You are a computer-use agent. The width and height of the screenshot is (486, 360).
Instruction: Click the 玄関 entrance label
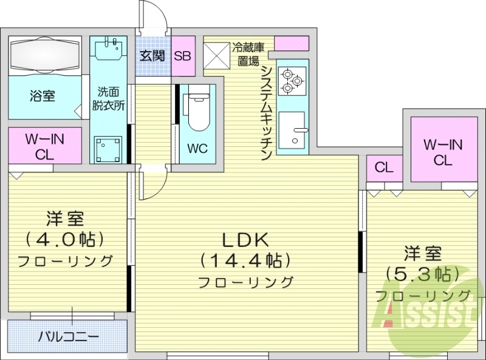pos(152,56)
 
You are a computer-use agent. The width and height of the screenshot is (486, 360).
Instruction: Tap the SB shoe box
pos(182,56)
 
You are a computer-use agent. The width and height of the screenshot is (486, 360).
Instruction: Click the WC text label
pos(196,148)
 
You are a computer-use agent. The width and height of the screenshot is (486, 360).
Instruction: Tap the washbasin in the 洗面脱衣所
pos(110,49)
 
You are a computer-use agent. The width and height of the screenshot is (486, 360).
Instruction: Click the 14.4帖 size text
pos(245,260)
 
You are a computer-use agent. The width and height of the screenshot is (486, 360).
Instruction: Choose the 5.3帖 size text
pos(422,273)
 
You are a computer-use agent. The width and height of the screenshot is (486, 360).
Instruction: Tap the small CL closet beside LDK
pos(383,167)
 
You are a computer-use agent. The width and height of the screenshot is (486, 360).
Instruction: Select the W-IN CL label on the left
pos(44,146)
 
